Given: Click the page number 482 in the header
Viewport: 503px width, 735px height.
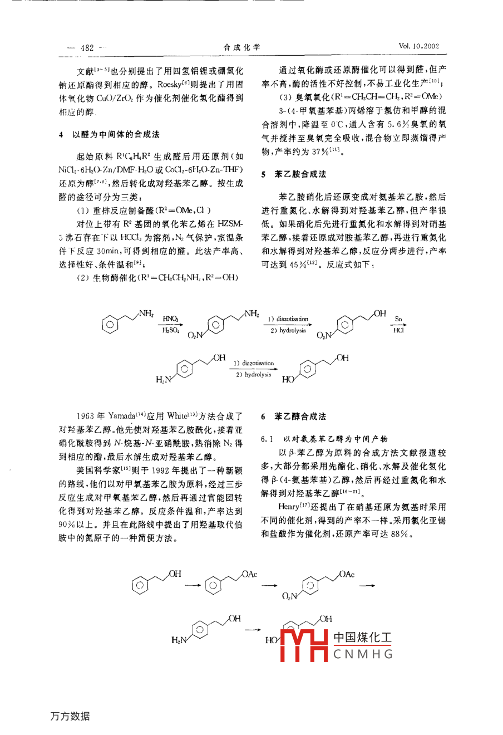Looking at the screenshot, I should click(x=87, y=48).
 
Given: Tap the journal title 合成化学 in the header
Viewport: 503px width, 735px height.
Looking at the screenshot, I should click(x=241, y=47).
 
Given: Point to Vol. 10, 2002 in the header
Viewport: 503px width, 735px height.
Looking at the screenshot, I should click(x=418, y=46).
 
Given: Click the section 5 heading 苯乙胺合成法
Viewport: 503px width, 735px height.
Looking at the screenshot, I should click(x=300, y=174).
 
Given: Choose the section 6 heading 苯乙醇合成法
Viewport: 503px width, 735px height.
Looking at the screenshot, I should click(x=300, y=416).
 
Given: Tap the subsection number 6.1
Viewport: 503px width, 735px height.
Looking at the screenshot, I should click(x=267, y=439).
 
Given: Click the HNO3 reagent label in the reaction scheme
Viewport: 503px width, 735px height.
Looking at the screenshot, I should click(x=170, y=319).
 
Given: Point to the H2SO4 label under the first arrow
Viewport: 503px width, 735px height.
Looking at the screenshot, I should click(x=170, y=331).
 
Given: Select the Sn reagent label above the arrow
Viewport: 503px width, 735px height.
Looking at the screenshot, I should click(x=398, y=319).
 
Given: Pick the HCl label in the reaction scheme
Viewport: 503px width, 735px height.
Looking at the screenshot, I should click(x=398, y=331).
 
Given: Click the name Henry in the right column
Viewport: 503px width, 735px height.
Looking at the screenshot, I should click(x=288, y=507).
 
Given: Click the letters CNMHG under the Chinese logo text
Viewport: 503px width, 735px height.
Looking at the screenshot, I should click(x=363, y=654).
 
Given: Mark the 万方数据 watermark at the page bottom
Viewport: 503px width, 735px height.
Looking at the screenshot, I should click(x=71, y=716).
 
